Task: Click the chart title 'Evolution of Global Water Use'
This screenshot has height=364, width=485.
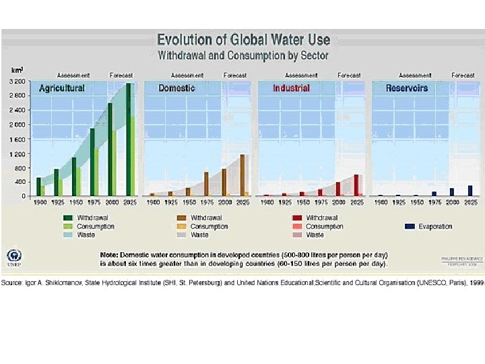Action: point(243,40)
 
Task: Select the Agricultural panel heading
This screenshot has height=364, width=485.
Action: point(62,88)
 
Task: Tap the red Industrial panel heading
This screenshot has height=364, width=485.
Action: point(291,88)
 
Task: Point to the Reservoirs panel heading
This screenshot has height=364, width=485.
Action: point(407,88)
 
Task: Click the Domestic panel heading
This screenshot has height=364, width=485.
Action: point(176,88)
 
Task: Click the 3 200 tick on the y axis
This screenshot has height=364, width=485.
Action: point(17,81)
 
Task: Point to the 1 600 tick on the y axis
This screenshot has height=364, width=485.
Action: point(17,139)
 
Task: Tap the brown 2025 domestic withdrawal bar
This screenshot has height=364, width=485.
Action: point(242,175)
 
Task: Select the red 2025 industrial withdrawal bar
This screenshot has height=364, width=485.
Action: point(356,185)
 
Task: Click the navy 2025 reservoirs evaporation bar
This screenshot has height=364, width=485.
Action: point(470,191)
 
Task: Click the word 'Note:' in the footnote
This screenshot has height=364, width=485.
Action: point(108,255)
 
